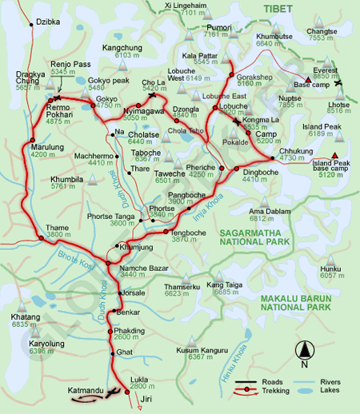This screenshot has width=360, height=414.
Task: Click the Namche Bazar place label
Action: tap(142, 268)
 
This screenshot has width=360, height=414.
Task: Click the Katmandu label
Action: tap(86, 390)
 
